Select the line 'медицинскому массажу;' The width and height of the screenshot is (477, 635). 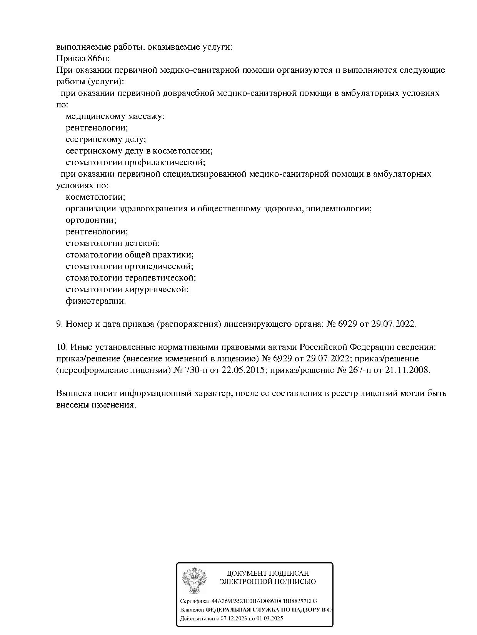pyautogui.click(x=115, y=116)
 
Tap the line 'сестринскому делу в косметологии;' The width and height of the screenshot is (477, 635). pyautogui.click(x=139, y=151)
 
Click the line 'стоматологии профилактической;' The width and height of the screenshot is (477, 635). pyautogui.click(x=135, y=162)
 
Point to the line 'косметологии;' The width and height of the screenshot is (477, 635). pyautogui.click(x=95, y=197)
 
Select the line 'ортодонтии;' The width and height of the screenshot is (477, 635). pyautogui.click(x=91, y=220)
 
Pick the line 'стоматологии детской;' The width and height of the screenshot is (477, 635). pyautogui.click(x=113, y=243)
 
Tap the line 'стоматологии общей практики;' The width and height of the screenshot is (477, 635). pyautogui.click(x=130, y=255)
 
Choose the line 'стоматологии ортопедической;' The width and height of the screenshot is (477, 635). pyautogui.click(x=130, y=266)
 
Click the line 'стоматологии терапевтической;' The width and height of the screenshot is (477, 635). pyautogui.click(x=131, y=278)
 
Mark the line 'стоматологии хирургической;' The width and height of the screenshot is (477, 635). pyautogui.click(x=127, y=289)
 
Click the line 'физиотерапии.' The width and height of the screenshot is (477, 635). pyautogui.click(x=96, y=301)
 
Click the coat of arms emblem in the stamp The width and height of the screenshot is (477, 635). pyautogui.click(x=194, y=580)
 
